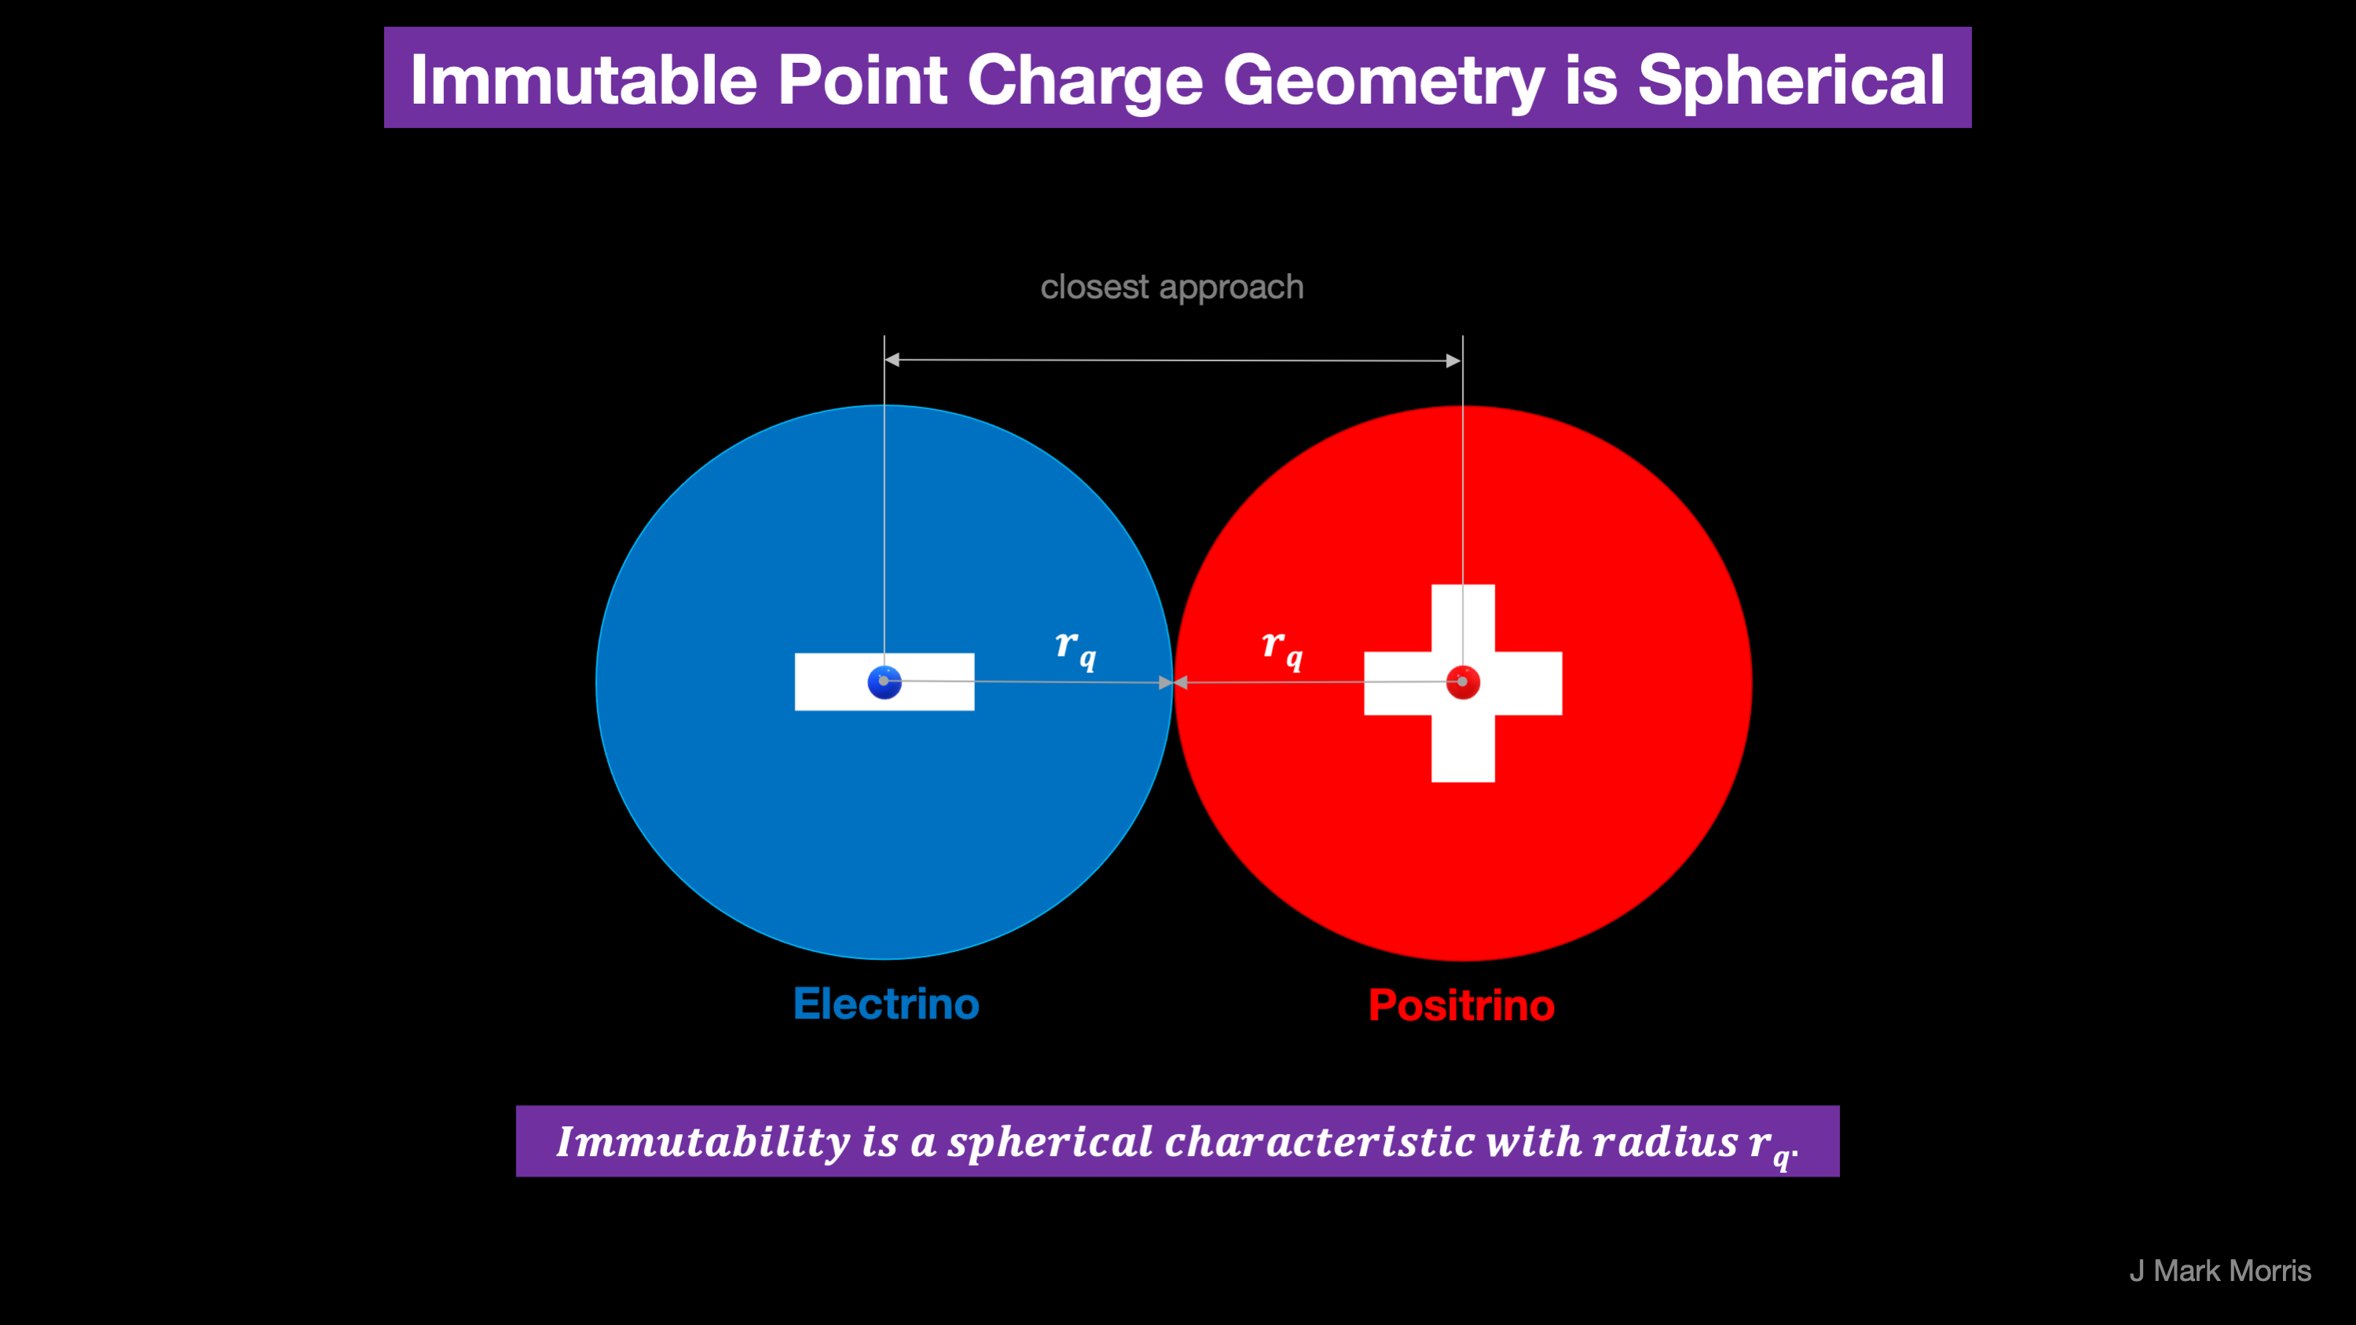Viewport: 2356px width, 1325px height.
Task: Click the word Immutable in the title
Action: tap(584, 79)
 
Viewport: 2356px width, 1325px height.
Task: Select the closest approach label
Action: tap(1171, 287)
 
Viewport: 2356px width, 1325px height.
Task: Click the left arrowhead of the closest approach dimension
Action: tap(892, 360)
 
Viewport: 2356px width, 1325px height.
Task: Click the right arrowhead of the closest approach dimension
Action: tap(1453, 361)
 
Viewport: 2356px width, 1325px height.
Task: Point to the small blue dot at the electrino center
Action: tap(885, 683)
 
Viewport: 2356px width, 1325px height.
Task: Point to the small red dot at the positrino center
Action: tap(1463, 683)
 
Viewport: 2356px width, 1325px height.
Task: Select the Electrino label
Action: tap(886, 1004)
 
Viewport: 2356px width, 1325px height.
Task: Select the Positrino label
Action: tap(1461, 1005)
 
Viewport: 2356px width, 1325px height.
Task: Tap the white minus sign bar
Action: tap(885, 681)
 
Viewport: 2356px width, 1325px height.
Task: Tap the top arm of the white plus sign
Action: tap(1464, 618)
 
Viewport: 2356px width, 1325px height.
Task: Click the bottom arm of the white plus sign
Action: tap(1464, 748)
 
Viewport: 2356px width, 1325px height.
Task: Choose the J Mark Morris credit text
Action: tap(2220, 1270)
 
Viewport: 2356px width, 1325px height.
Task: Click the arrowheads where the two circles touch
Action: tap(1174, 683)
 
